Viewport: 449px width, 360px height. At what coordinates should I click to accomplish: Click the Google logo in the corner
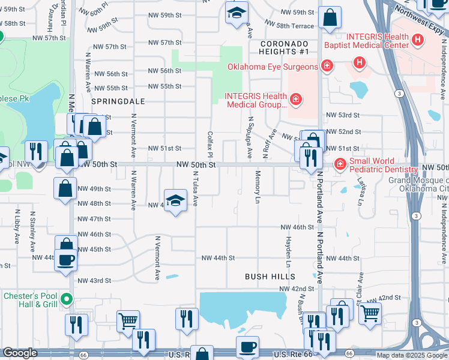tap(19, 353)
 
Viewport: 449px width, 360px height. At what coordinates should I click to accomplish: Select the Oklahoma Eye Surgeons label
tap(273, 67)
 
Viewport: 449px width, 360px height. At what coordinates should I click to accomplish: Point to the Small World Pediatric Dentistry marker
tap(340, 164)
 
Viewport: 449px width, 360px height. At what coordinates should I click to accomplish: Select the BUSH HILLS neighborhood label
tap(270, 277)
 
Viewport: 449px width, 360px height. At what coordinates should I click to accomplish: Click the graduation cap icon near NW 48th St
tap(175, 201)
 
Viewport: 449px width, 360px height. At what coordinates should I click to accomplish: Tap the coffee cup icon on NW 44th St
tap(65, 260)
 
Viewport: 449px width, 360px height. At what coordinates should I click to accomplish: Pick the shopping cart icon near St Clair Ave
tap(370, 313)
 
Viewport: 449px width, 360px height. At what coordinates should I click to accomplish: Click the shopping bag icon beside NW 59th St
tap(330, 18)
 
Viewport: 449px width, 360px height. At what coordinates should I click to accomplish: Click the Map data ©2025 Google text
tap(412, 355)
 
